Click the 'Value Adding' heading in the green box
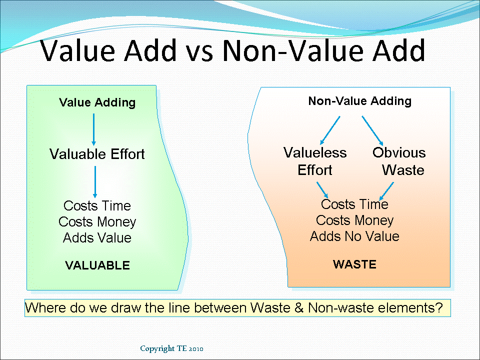pos(97,102)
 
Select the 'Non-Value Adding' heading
pos(359,101)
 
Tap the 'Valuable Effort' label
pos(97,154)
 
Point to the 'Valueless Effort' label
pos(314,161)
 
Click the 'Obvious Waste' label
pos(399,161)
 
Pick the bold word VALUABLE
pos(97,265)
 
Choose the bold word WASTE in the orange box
pos(354,264)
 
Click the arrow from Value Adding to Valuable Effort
pos(93,129)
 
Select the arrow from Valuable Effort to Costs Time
pos(94,182)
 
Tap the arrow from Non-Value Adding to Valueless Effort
pos(330,129)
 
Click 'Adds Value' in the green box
pos(97,238)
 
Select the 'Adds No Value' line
pos(354,236)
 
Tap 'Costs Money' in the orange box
pos(354,220)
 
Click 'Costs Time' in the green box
pos(97,206)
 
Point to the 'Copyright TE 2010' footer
pos(171,348)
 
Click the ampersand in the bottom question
pos(299,308)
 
